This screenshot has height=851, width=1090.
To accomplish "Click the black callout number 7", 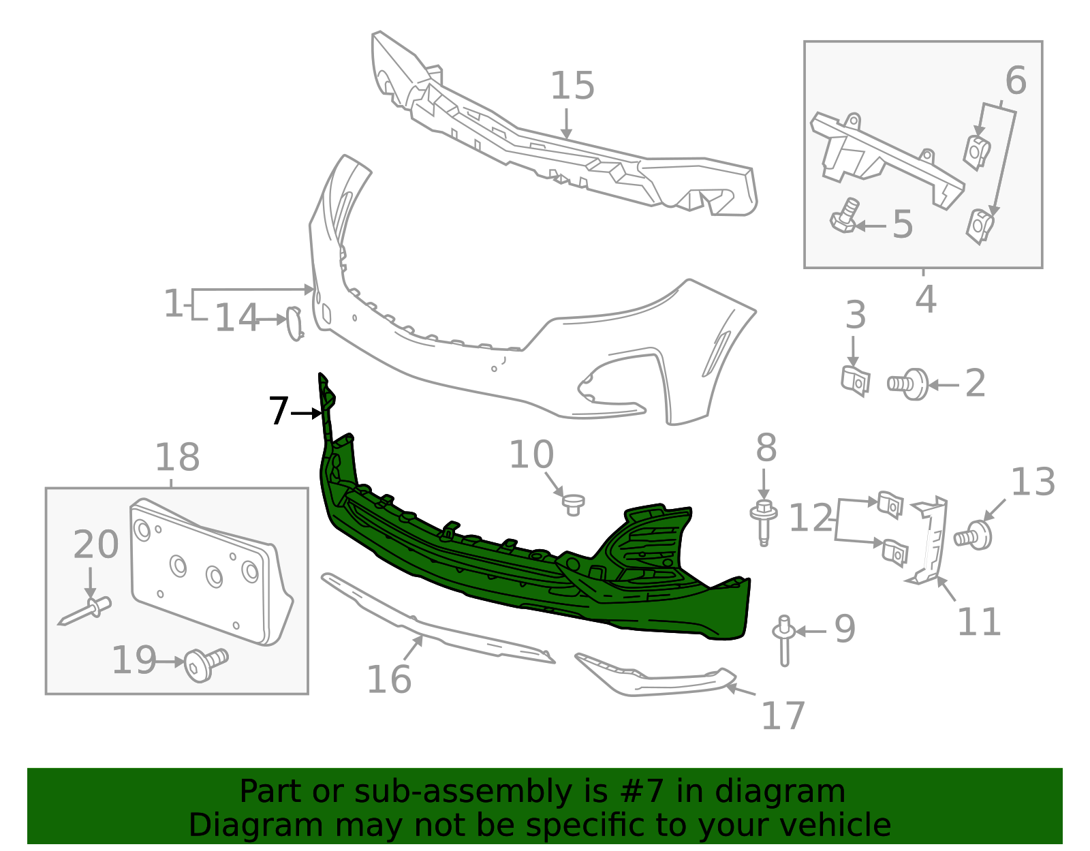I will [278, 412].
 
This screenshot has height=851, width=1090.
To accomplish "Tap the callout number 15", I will [572, 87].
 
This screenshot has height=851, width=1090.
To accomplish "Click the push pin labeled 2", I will [909, 384].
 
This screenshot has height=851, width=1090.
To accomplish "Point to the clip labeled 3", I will [856, 380].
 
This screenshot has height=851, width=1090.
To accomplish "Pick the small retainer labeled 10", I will [573, 504].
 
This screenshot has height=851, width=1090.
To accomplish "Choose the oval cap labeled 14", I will [294, 323].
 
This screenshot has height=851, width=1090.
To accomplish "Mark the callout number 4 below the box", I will [925, 299].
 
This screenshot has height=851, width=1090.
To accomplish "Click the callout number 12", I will [810, 519].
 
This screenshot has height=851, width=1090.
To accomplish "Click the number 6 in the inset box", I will [1015, 82].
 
